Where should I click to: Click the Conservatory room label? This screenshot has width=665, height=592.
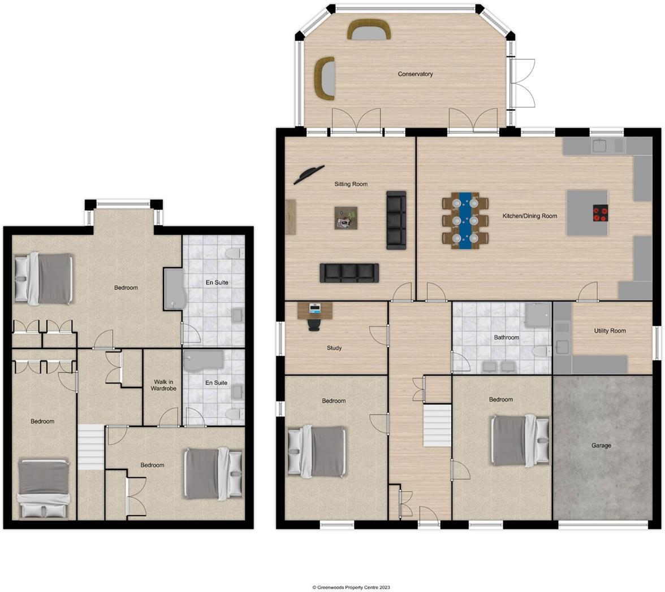415,74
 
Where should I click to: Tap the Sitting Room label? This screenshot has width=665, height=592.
351,184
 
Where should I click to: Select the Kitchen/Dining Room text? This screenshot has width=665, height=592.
529,216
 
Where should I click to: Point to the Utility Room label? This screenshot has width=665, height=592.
610,330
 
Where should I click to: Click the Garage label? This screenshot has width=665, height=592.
601,445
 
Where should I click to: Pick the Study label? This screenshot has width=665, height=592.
334,348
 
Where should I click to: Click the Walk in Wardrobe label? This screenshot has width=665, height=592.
162,385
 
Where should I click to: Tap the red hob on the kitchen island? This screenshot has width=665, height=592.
600,214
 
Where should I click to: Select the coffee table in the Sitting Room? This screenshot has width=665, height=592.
346,218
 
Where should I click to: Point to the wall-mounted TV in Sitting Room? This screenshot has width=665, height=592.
309,175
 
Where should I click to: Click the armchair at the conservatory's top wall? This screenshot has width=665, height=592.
369,29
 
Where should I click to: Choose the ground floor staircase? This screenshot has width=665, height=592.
437,425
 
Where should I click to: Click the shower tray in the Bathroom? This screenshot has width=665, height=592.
538,315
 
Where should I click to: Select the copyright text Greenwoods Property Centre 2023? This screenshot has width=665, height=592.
351,587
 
